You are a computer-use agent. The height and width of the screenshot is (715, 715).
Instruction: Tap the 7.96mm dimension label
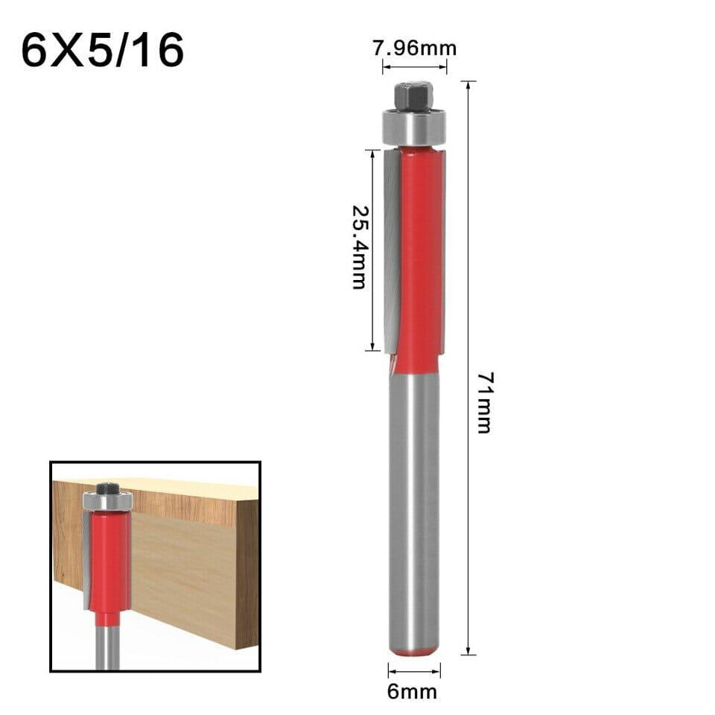point(415,49)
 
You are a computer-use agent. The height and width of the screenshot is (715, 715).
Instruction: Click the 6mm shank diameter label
point(413,692)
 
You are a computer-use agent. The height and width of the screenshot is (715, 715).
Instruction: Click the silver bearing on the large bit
point(414,127)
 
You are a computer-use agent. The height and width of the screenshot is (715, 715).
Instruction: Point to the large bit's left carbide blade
point(392,250)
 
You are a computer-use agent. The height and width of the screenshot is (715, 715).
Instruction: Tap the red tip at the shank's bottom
point(414,652)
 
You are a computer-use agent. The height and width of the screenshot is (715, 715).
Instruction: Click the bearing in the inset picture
point(108,501)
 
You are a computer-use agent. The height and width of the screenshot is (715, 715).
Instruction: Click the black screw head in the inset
point(108,487)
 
